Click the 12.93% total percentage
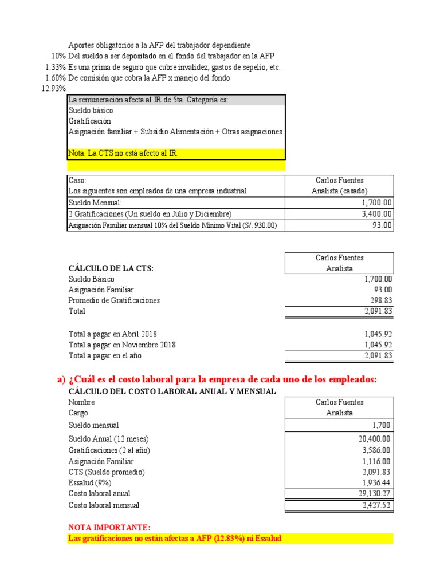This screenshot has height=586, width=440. (54, 89)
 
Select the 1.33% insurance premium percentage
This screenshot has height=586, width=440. (55, 67)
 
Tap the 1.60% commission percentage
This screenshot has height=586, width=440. (55, 78)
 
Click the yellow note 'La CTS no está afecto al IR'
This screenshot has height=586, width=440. (123, 154)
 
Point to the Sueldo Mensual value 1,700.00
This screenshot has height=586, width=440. (377, 203)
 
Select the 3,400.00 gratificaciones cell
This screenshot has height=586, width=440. (377, 213)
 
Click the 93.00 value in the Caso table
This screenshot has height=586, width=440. (384, 225)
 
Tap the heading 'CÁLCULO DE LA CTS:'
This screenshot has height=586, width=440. (111, 268)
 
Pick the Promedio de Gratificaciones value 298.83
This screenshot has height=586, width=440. (381, 300)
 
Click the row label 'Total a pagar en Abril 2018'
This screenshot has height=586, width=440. (113, 334)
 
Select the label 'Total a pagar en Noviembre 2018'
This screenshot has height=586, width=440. (122, 345)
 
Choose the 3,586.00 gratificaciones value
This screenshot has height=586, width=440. (376, 450)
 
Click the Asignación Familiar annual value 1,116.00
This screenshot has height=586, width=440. (376, 461)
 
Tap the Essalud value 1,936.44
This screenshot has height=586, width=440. (376, 483)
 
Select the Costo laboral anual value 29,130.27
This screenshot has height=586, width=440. (374, 494)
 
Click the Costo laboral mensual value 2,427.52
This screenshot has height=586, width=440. (376, 505)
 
